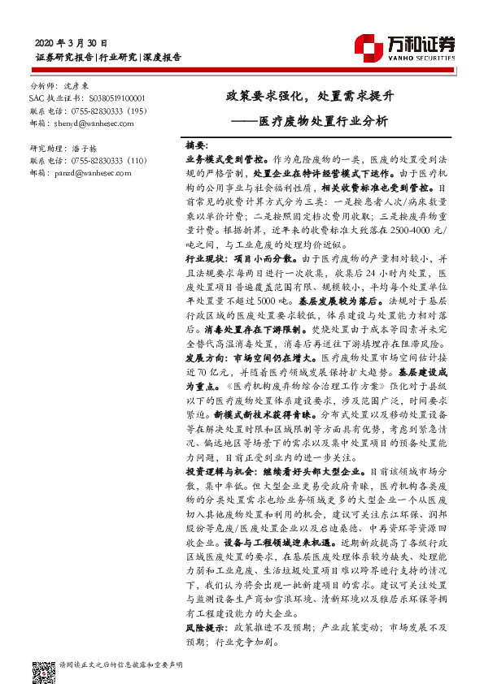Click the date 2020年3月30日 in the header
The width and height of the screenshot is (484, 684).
pyautogui.click(x=72, y=42)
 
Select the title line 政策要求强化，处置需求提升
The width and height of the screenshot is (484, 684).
pyautogui.click(x=310, y=96)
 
